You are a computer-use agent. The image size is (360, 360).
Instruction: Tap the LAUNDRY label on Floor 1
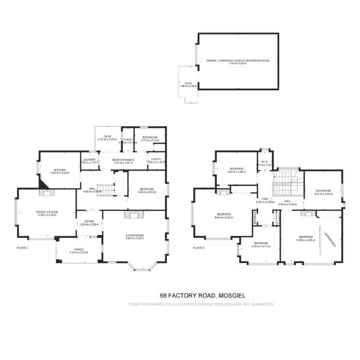tap(90, 160)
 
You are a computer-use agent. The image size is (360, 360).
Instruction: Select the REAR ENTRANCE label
tap(123, 160)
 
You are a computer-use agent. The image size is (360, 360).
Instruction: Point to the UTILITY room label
tap(156, 159)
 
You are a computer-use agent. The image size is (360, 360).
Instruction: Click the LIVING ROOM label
tap(135, 235)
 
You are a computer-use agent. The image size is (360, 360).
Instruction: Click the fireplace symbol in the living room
tap(134, 214)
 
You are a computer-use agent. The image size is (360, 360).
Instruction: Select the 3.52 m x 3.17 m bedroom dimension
tap(261, 246)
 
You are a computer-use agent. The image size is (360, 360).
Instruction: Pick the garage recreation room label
tap(238, 61)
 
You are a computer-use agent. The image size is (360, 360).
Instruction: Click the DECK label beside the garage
tap(188, 83)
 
